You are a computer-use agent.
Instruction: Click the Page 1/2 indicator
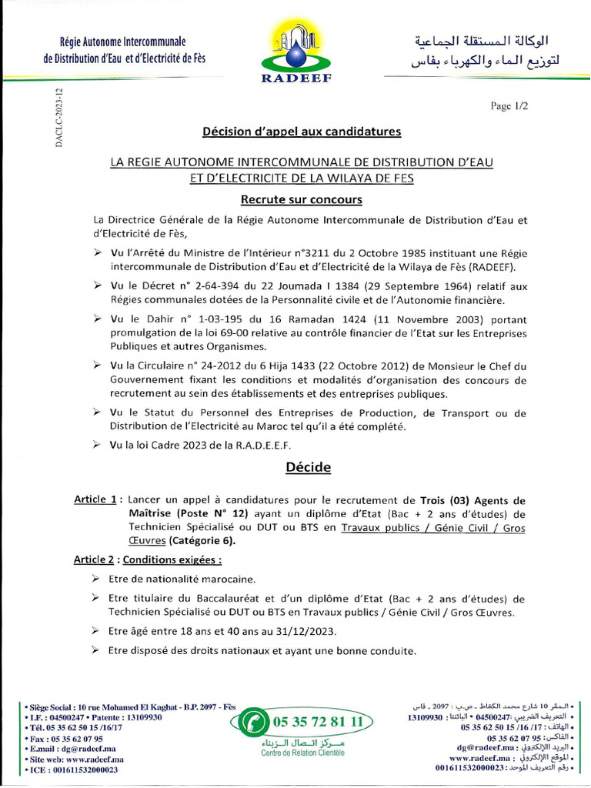pyautogui.click(x=509, y=106)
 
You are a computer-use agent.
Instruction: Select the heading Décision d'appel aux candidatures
pyautogui.click(x=302, y=132)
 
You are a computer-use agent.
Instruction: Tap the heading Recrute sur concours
pyautogui.click(x=302, y=200)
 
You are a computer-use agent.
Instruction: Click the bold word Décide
pyautogui.click(x=308, y=467)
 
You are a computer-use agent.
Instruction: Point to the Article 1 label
pyautogui.click(x=97, y=499)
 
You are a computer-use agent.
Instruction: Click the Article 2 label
pyautogui.click(x=95, y=559)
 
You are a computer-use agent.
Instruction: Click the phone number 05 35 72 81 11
pyautogui.click(x=317, y=723)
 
